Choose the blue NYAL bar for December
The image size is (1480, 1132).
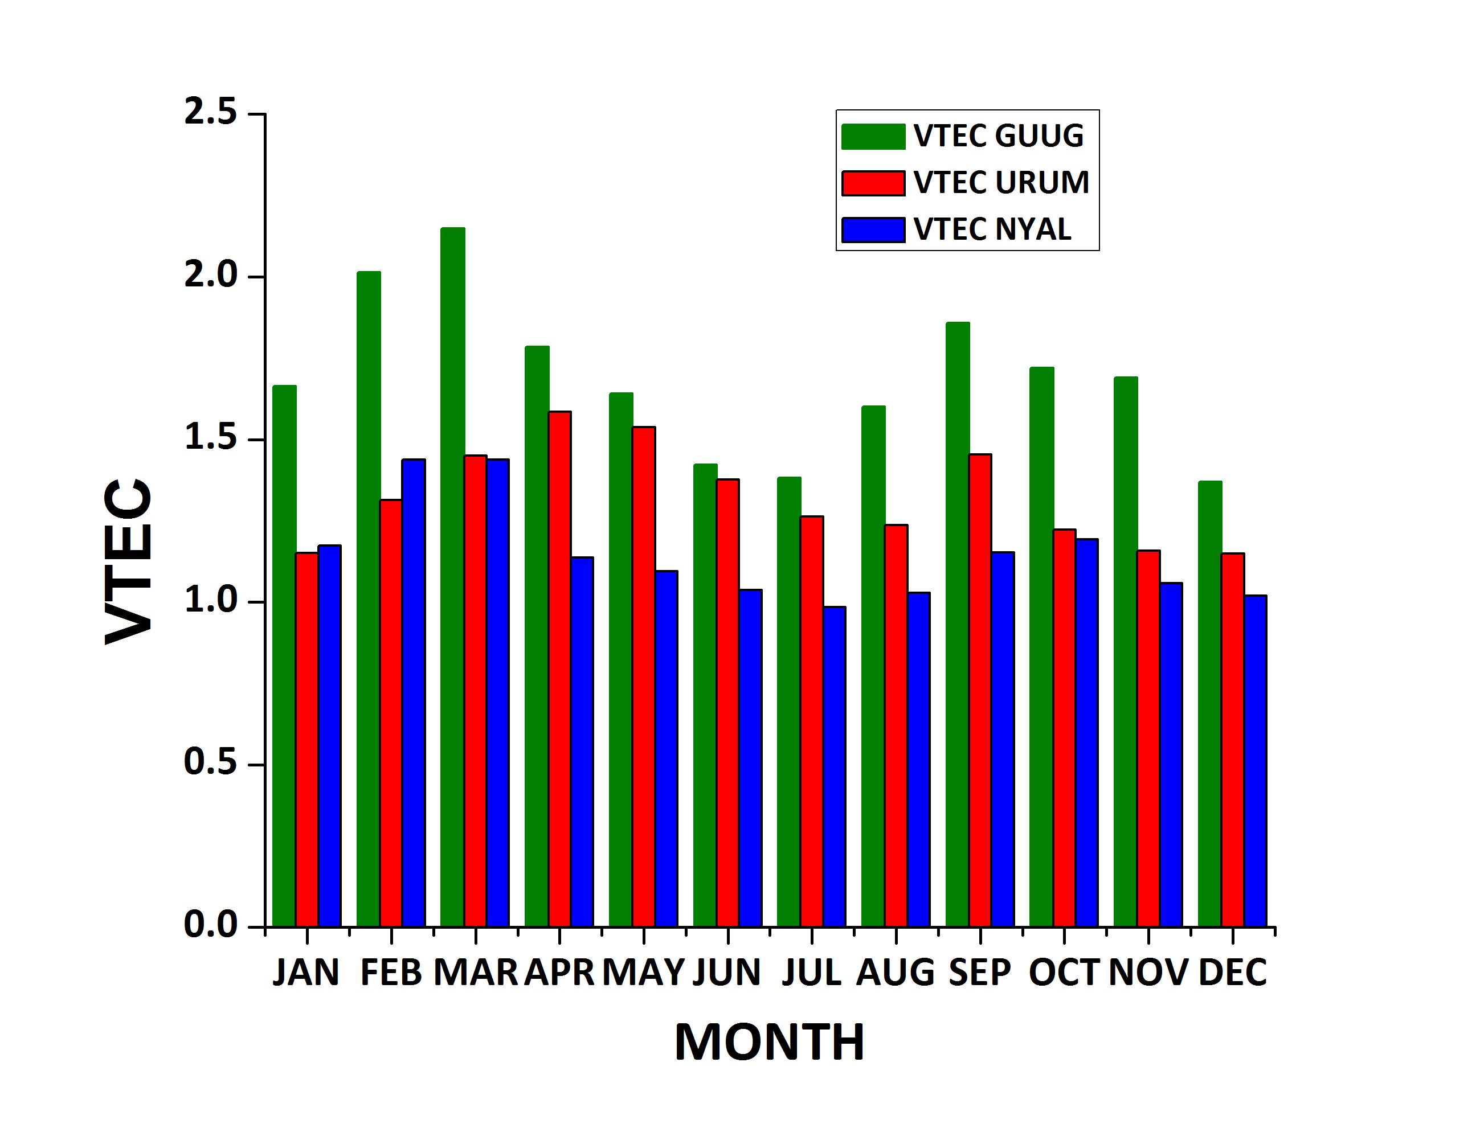click(1255, 761)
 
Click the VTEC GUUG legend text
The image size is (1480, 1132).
click(998, 136)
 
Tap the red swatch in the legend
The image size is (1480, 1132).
click(873, 183)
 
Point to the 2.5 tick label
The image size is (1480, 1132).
click(210, 112)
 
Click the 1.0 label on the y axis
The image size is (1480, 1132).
click(210, 600)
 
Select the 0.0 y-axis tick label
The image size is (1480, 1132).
click(210, 925)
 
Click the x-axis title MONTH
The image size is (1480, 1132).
click(769, 1043)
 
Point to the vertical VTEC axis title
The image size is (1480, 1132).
click(128, 561)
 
